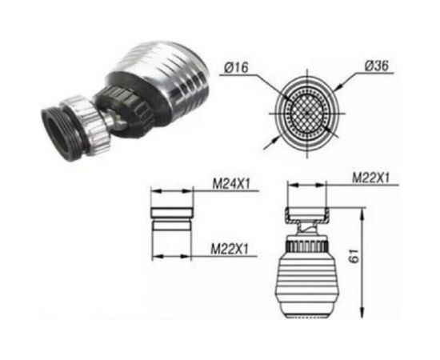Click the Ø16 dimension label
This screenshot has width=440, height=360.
(237, 67)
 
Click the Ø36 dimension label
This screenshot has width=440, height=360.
(377, 66)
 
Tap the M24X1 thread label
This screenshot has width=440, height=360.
(231, 184)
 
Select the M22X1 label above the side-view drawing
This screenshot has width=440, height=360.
(371, 178)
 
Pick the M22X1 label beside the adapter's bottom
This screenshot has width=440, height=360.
(230, 249)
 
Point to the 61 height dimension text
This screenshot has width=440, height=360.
(354, 255)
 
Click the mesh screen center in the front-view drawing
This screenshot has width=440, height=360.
(307, 113)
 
